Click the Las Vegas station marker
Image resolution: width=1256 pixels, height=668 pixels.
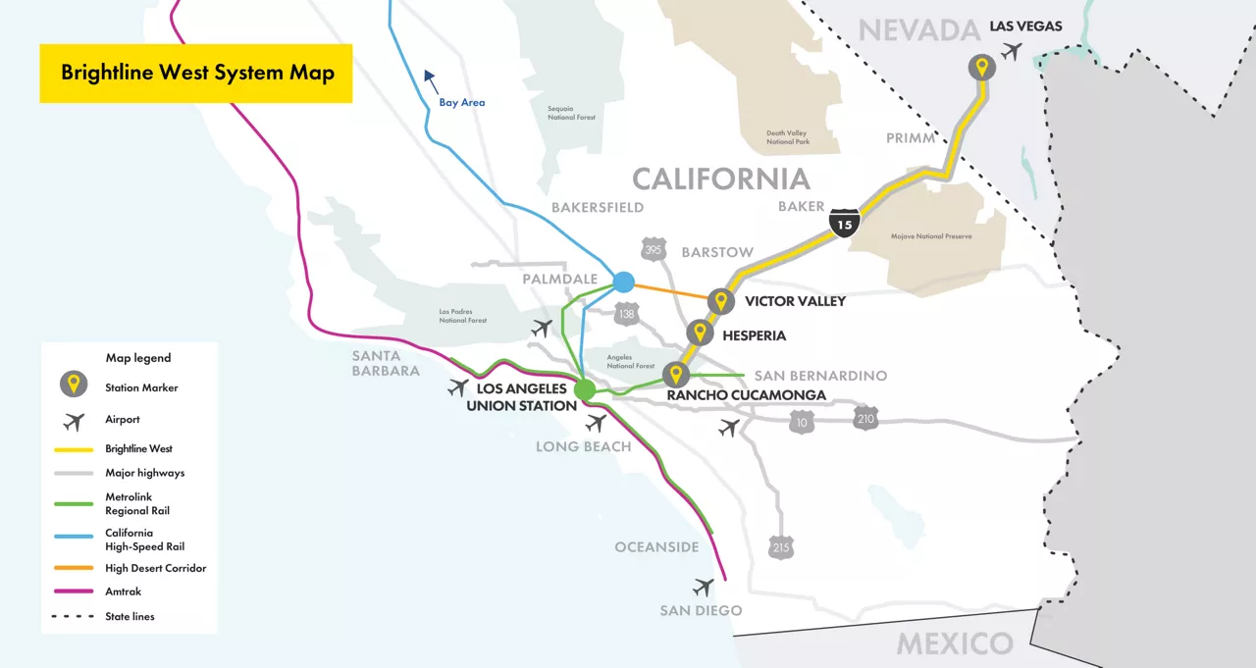click(980, 68)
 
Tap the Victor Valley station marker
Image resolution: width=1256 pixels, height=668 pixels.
click(721, 301)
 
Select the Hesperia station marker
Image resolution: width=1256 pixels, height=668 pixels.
click(699, 334)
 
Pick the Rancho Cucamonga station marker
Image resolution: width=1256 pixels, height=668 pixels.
click(675, 375)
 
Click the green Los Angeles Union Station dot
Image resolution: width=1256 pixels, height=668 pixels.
click(585, 390)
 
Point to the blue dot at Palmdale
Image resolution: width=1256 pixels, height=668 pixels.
click(623, 283)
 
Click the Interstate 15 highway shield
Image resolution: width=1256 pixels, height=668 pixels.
click(845, 223)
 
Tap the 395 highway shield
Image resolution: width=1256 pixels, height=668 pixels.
click(654, 249)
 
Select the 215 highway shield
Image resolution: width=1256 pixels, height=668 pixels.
click(781, 547)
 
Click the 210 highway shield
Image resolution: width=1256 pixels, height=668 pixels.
click(864, 419)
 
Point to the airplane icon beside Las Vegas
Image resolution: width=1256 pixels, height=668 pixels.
click(1012, 51)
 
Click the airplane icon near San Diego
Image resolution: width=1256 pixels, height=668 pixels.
click(703, 587)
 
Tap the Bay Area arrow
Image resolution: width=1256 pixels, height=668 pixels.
click(430, 78)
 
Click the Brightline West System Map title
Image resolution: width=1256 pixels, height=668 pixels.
click(197, 73)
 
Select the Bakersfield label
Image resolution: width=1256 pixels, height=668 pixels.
click(598, 207)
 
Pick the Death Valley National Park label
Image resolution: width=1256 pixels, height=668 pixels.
click(788, 136)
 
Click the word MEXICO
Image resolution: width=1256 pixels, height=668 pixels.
click(955, 643)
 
